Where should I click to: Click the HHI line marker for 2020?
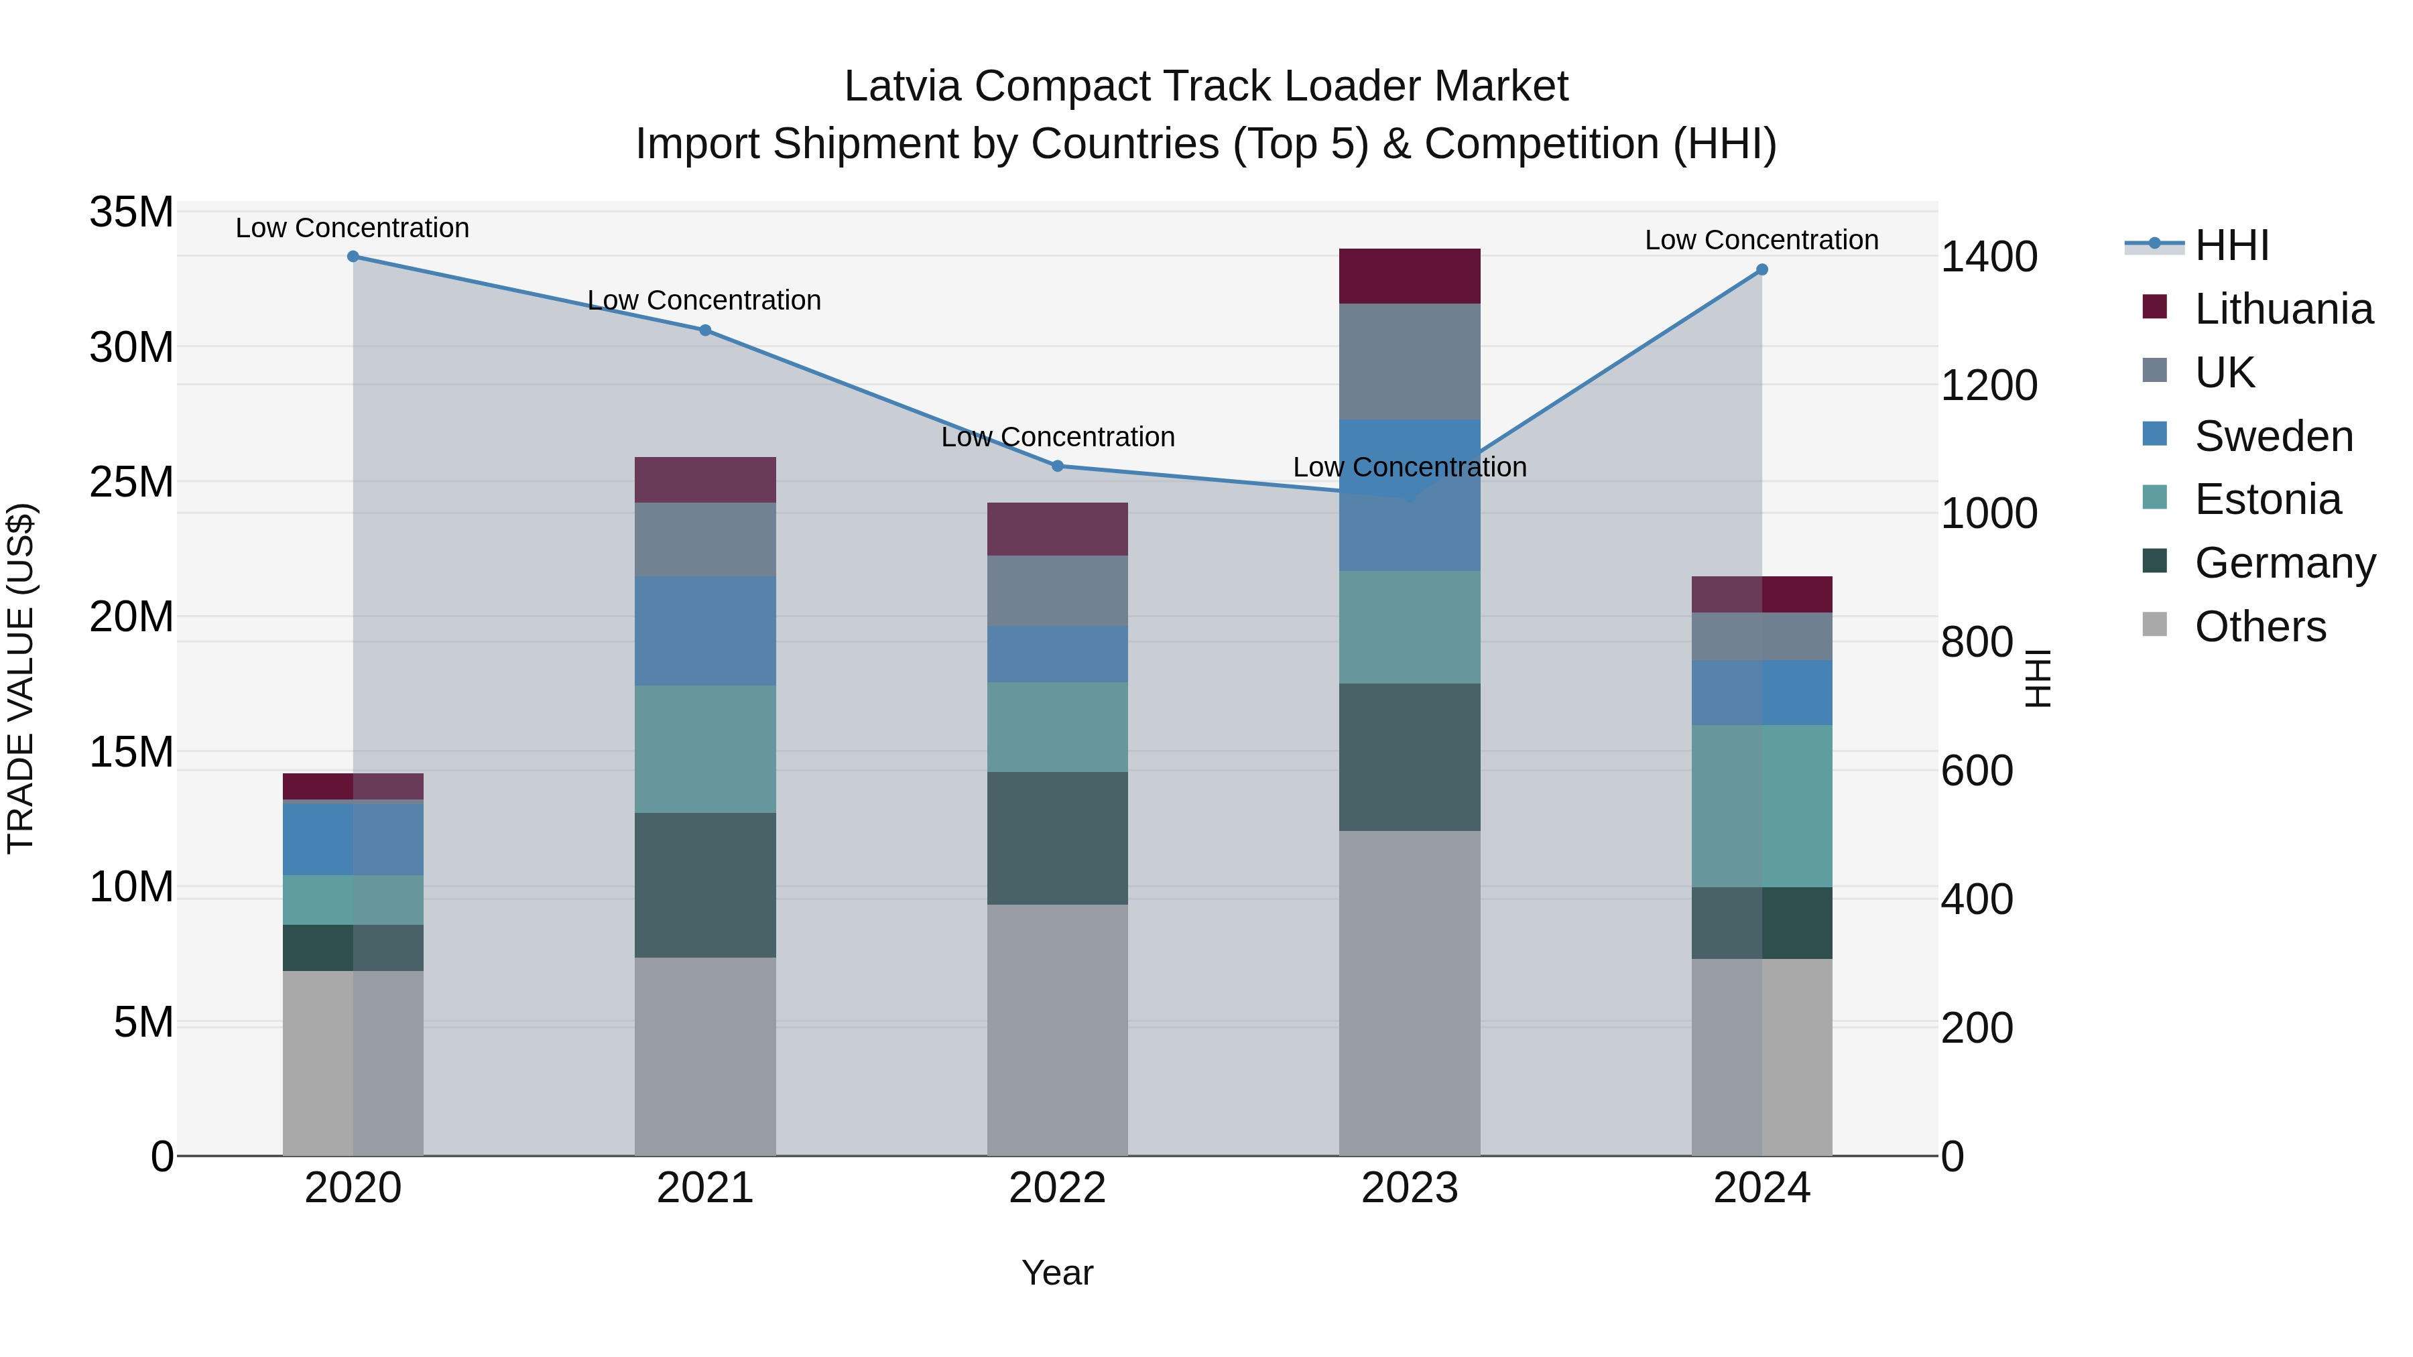(353, 257)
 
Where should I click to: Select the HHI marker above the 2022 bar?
(1058, 466)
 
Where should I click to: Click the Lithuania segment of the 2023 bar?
(1409, 276)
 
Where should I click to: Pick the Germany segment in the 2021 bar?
(704, 885)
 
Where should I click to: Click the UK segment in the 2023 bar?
(1409, 361)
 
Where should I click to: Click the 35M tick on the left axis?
(131, 212)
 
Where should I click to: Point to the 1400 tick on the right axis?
(1989, 257)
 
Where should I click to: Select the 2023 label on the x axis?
(1409, 1188)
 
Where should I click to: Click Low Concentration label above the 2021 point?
(704, 301)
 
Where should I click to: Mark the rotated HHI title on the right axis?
(2038, 678)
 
